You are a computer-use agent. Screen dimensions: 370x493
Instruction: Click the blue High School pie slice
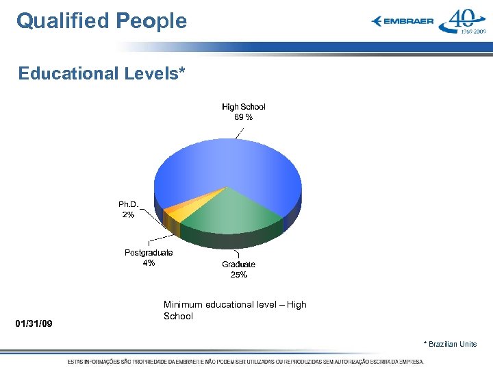(x=226, y=164)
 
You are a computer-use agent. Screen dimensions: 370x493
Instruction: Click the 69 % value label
(x=243, y=117)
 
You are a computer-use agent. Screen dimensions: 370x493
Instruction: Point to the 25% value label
(x=238, y=275)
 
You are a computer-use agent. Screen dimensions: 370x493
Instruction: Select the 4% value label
(x=149, y=263)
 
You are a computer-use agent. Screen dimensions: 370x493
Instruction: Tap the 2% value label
(x=128, y=215)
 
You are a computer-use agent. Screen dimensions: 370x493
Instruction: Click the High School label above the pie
(x=243, y=107)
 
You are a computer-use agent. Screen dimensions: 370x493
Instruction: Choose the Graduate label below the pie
(x=238, y=264)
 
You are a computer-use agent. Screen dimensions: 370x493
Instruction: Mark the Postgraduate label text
(x=149, y=253)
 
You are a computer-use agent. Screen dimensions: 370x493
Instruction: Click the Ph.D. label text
(x=128, y=205)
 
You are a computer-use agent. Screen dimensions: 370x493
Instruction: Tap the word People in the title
(x=151, y=21)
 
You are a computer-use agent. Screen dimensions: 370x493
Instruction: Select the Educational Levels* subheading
(x=102, y=73)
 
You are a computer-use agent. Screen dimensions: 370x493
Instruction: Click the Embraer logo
(x=403, y=21)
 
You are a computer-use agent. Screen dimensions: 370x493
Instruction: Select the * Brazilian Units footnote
(x=450, y=344)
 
